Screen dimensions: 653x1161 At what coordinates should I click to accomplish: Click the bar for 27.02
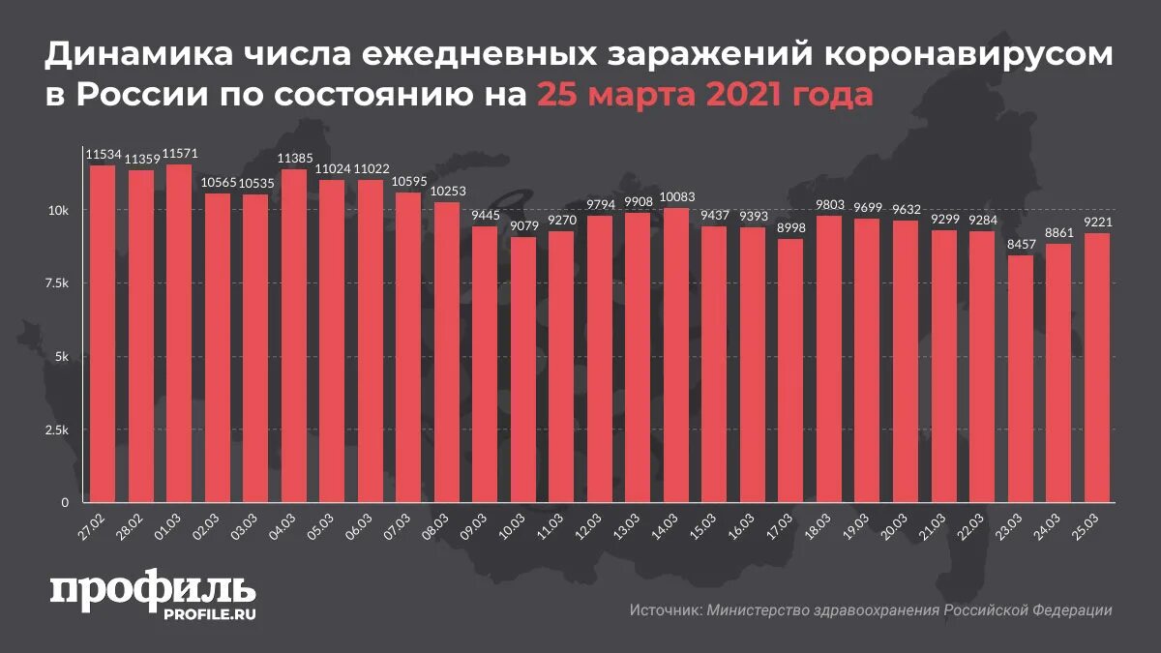(x=102, y=334)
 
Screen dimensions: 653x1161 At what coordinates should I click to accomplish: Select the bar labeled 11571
(x=178, y=334)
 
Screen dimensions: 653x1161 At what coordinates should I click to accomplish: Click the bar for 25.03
(x=1097, y=368)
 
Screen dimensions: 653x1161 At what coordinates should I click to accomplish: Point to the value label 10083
(x=676, y=198)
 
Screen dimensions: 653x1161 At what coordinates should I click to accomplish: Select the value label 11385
(x=293, y=160)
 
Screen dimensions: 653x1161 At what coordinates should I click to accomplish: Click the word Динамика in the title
(x=135, y=58)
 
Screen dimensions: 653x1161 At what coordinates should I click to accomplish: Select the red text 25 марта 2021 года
(x=704, y=96)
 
